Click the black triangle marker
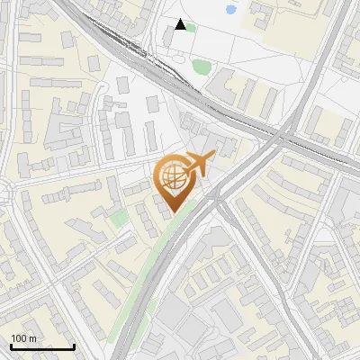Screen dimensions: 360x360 [181, 24]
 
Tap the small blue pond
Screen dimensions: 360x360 [230, 11]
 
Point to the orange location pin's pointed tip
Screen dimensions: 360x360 [173, 211]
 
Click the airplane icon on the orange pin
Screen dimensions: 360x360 [199, 164]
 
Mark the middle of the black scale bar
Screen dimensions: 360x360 [42, 346]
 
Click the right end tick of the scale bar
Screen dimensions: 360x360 [74, 346]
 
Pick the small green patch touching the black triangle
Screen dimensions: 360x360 [190, 27]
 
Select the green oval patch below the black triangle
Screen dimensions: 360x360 [200, 66]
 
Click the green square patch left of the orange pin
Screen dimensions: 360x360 [119, 218]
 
